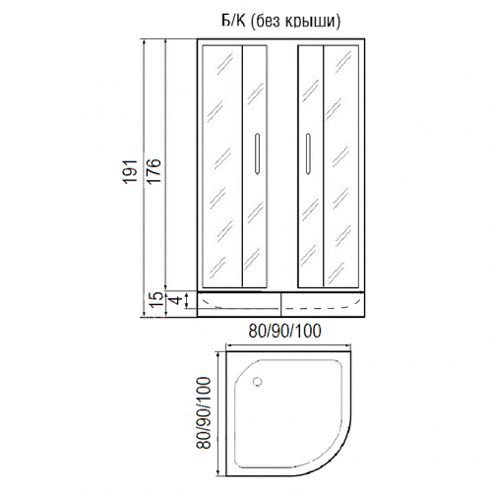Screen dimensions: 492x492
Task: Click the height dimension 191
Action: [x=130, y=171]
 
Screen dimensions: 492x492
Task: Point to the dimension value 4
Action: [x=176, y=300]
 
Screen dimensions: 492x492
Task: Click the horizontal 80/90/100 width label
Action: [x=284, y=332]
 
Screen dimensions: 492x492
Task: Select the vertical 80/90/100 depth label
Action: [x=203, y=412]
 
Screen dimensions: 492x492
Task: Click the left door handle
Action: [x=257, y=154]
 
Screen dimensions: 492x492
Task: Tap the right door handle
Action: [x=308, y=154]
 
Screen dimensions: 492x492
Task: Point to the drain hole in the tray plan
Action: [x=258, y=381]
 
